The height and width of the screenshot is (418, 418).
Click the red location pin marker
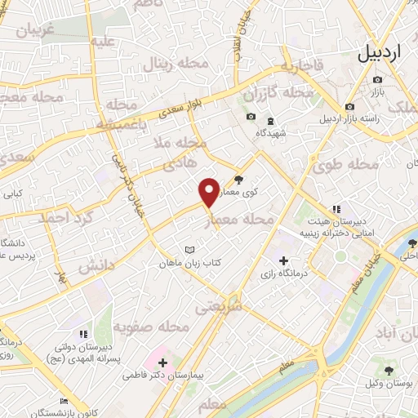tap(209, 192)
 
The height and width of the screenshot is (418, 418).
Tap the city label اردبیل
tap(380, 54)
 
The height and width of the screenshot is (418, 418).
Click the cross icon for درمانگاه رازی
tap(283, 261)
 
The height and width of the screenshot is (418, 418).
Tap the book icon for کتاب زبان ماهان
tap(191, 249)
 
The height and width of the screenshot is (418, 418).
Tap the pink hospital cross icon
tap(162, 362)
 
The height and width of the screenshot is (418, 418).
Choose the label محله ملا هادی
tap(186, 153)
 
